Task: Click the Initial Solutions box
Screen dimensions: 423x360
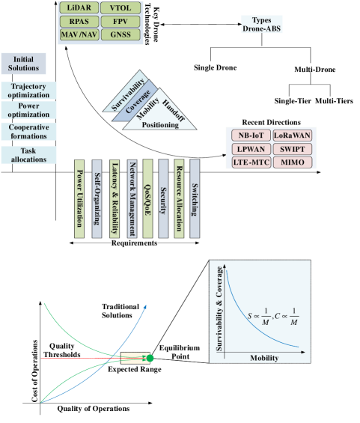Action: click(23, 64)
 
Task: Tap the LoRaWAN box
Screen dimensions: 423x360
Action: click(293, 135)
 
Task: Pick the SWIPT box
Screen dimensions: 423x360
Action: click(293, 148)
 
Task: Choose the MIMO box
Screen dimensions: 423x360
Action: click(293, 162)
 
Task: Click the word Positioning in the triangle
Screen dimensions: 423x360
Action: click(160, 125)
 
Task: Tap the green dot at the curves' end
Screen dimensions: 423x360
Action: click(150, 359)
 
